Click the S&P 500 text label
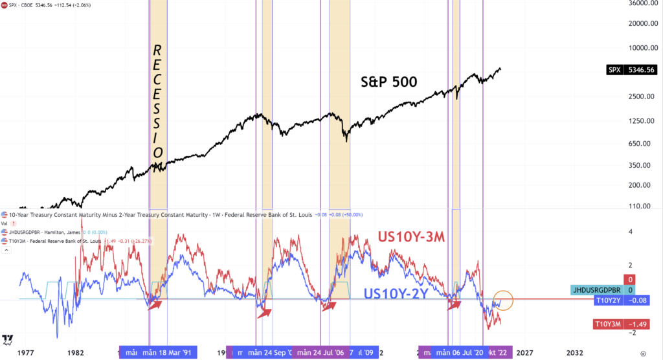pyautogui.click(x=388, y=82)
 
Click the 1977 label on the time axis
pyautogui.click(x=25, y=353)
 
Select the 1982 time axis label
pyautogui.click(x=75, y=353)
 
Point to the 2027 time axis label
pyautogui.click(x=524, y=353)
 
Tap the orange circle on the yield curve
pyautogui.click(x=503, y=300)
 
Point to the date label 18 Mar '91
pyautogui.click(x=169, y=352)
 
